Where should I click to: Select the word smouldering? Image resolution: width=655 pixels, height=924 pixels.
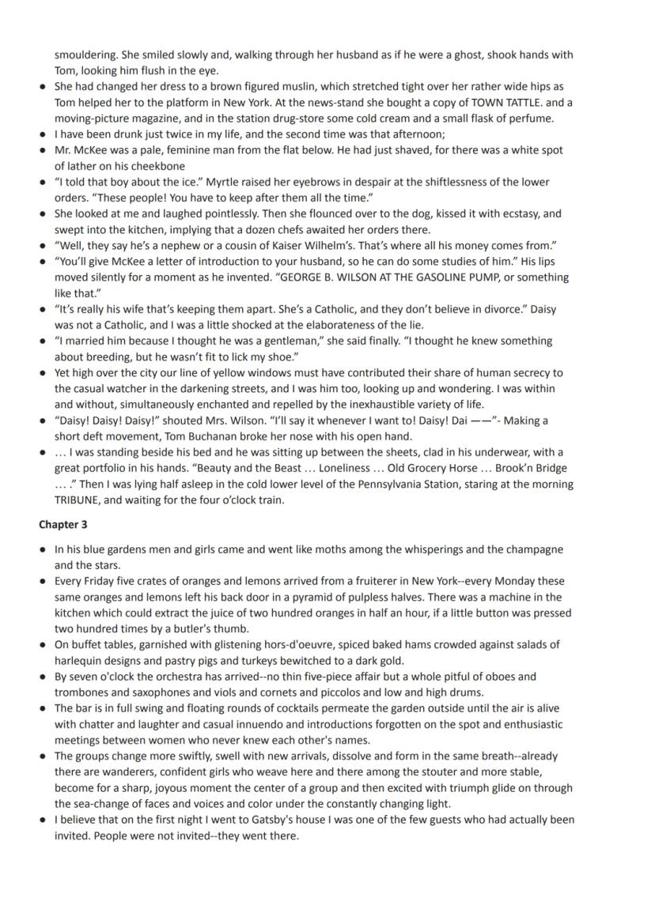coord(85,55)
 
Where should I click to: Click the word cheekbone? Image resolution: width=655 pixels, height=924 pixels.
coord(159,166)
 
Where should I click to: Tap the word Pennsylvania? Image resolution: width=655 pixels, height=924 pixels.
coord(411,485)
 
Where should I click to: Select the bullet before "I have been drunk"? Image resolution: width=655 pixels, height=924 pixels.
coord(42,134)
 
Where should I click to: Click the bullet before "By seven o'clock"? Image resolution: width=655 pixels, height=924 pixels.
coord(42,677)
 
